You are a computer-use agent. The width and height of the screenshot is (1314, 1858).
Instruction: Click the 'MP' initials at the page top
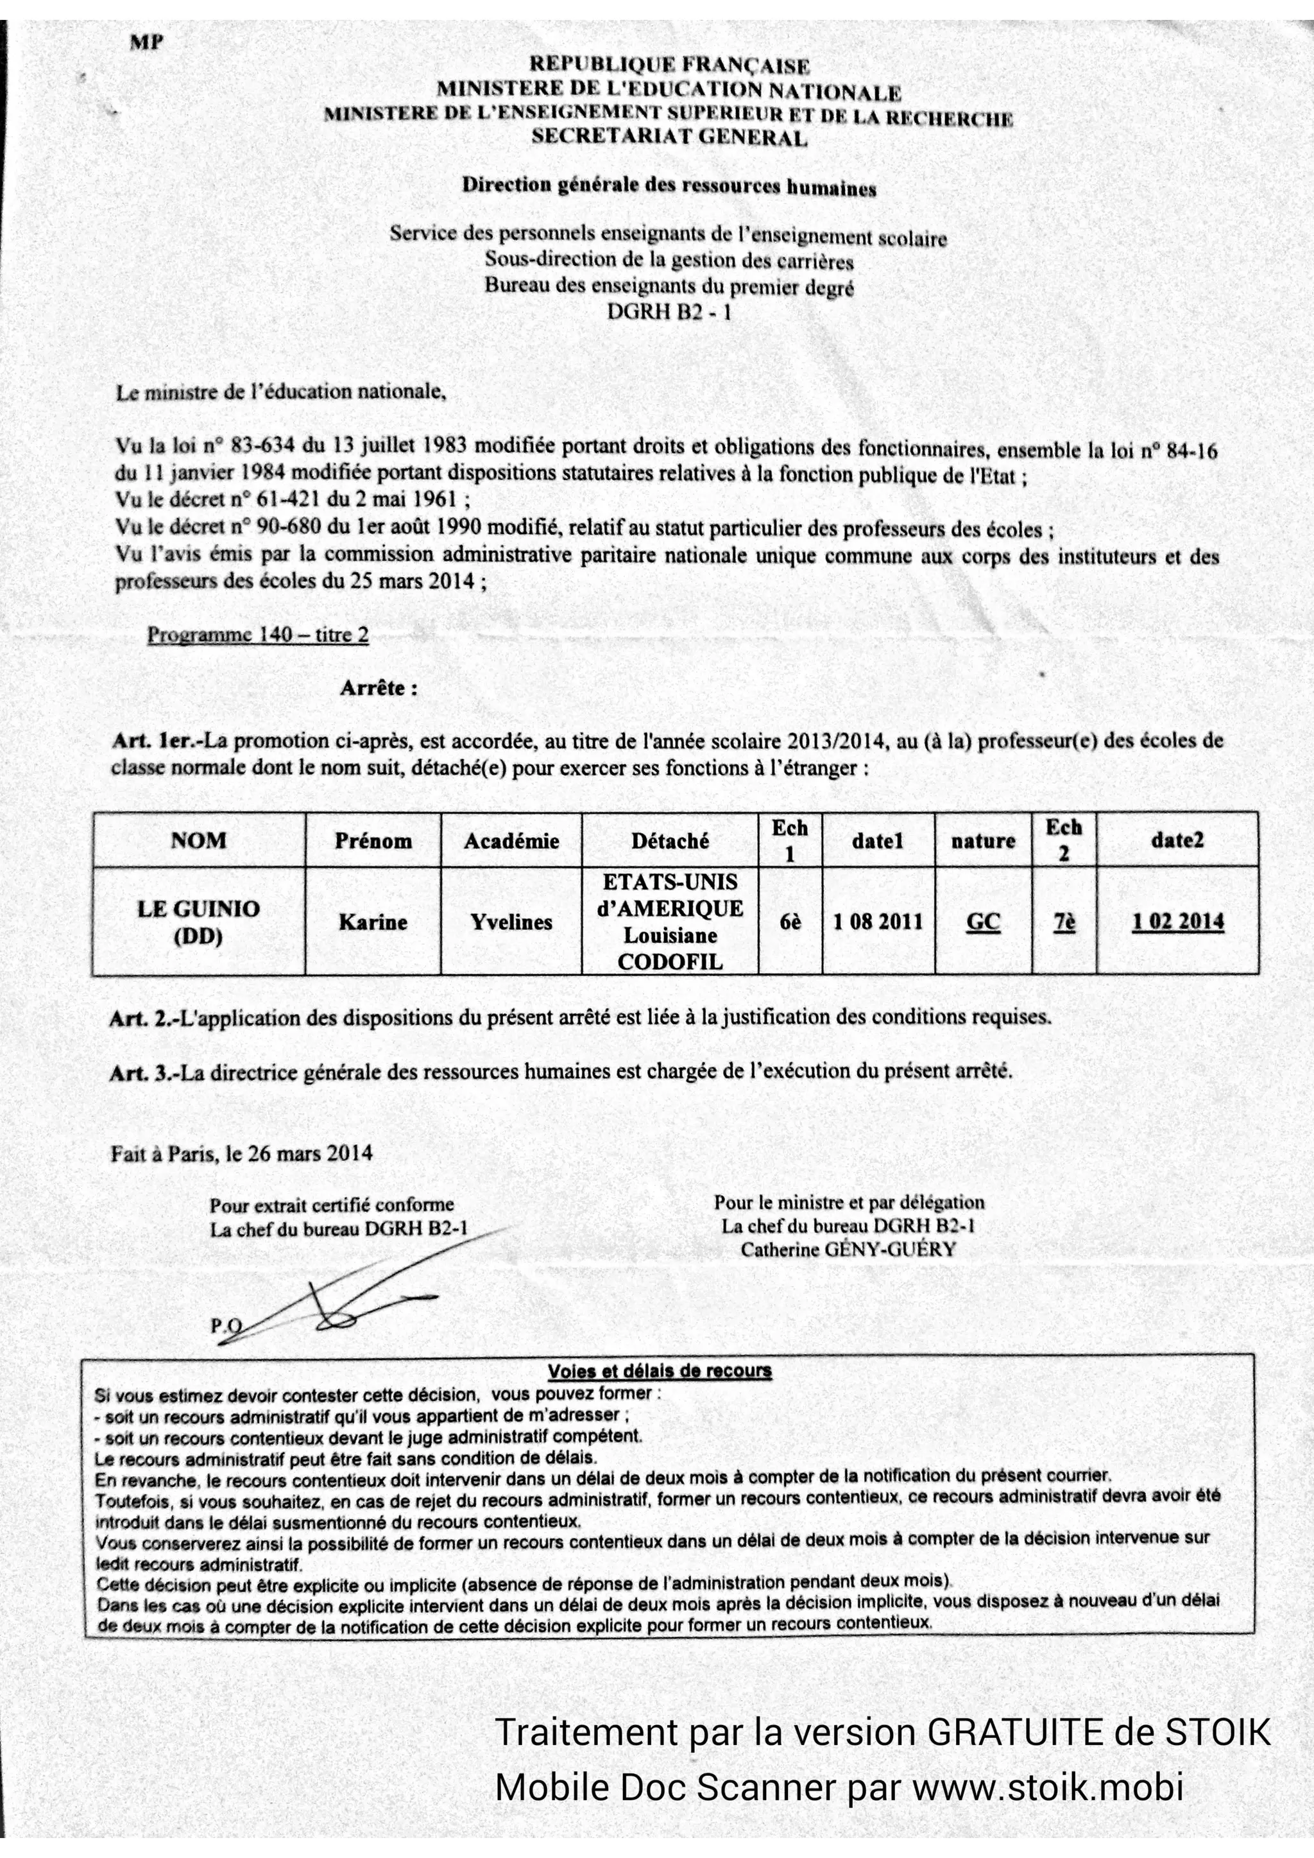[x=146, y=43]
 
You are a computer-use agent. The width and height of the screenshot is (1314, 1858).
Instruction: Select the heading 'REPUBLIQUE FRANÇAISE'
[x=669, y=65]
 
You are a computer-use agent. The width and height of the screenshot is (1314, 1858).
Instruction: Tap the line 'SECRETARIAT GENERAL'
[x=669, y=137]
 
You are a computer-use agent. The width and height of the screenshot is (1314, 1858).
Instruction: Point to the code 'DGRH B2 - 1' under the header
[x=669, y=311]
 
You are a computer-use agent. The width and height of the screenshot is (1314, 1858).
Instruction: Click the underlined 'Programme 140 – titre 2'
[x=257, y=635]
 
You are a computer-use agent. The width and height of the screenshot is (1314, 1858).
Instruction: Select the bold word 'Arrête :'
[x=379, y=688]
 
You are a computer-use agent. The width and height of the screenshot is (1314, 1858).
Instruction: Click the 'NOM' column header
[x=199, y=840]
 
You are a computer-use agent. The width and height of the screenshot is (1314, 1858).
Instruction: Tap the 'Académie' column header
[x=511, y=841]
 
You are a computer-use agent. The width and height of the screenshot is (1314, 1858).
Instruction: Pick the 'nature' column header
[x=983, y=841]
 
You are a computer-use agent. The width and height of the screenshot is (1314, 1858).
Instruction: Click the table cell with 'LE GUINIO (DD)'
[x=199, y=922]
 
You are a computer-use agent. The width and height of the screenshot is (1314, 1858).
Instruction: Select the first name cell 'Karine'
[x=373, y=922]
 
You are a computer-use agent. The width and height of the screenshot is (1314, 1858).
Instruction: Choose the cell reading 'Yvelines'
[x=511, y=922]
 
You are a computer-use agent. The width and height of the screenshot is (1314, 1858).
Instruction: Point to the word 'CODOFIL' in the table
[x=670, y=961]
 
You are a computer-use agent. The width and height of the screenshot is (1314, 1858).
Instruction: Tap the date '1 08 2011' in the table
[x=878, y=922]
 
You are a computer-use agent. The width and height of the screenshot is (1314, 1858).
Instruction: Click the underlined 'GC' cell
[x=983, y=922]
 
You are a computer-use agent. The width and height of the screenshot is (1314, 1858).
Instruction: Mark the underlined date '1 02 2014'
[x=1178, y=922]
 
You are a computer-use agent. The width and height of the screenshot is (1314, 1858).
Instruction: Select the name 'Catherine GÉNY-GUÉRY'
[x=848, y=1250]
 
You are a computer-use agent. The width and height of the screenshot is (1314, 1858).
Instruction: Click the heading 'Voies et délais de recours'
[x=660, y=1371]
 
